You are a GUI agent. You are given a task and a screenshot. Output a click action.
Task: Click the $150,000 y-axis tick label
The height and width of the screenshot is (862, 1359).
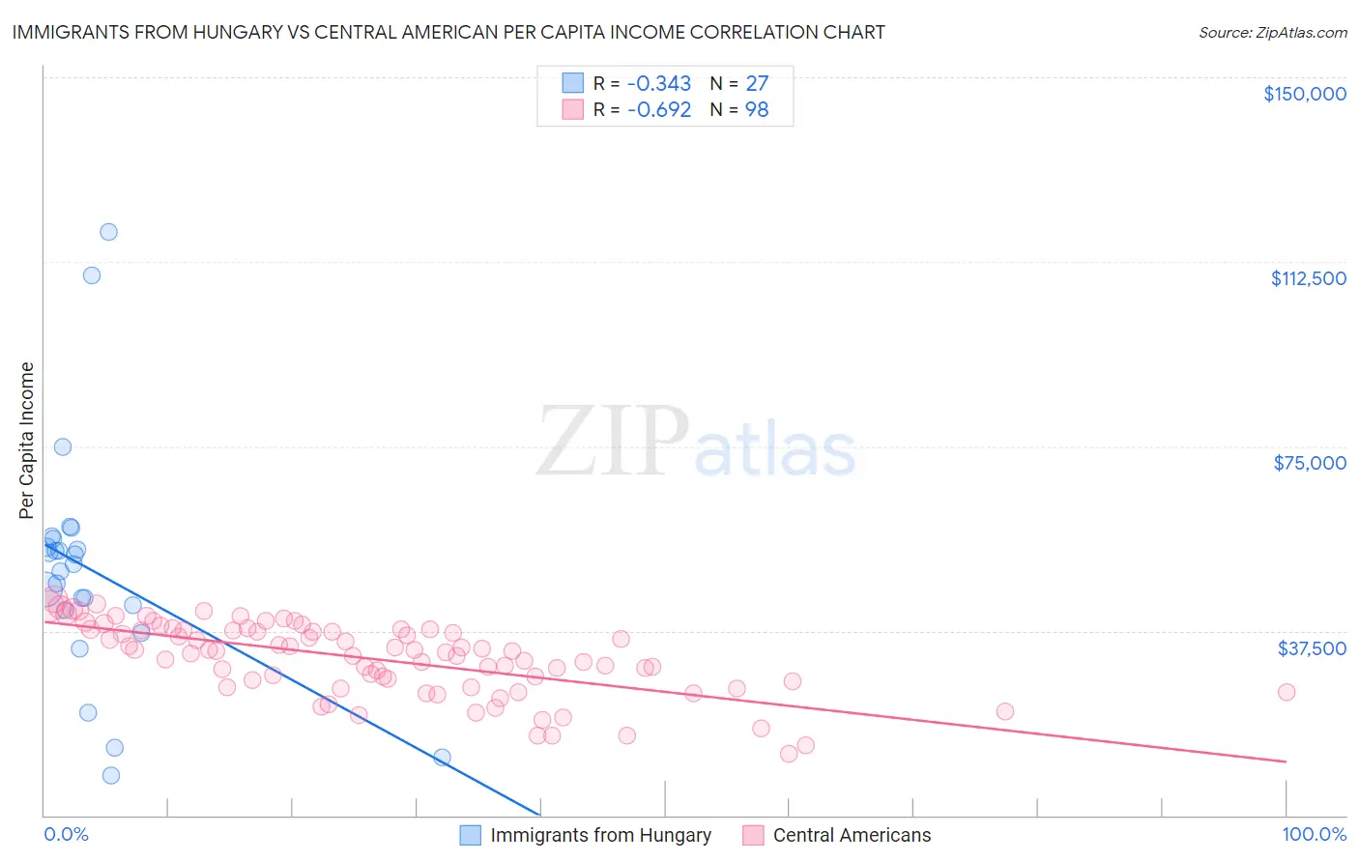(1304, 94)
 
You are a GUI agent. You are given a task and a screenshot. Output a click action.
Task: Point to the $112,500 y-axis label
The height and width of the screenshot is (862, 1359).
(1308, 278)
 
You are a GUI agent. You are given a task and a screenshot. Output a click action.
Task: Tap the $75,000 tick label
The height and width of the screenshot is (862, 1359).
(1310, 463)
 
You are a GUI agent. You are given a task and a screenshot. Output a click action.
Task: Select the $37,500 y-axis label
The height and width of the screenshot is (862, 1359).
(1312, 647)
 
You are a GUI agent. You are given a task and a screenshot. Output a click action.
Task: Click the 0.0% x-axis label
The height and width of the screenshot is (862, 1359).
(66, 834)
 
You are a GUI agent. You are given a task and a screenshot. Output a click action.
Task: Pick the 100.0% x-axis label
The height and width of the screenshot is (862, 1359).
(1314, 834)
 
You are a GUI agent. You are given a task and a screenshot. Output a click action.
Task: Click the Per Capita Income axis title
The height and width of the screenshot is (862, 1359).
(27, 440)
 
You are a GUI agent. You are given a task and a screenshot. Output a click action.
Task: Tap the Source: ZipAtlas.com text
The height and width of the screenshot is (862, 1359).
(1272, 32)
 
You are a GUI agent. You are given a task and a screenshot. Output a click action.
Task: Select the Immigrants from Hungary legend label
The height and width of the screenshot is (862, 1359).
(600, 835)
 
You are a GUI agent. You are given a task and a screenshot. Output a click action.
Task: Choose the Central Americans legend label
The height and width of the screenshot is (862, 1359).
(852, 835)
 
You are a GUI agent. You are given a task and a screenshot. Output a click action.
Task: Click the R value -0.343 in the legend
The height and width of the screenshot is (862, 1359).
(658, 84)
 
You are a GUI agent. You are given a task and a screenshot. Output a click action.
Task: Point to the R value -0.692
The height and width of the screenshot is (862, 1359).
(658, 110)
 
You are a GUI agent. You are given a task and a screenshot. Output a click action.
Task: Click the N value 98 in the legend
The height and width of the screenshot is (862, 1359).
(757, 110)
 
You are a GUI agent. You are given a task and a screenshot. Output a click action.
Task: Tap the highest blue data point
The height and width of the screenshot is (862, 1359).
(108, 232)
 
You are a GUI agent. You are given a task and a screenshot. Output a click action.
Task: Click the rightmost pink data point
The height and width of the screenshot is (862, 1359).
(1286, 692)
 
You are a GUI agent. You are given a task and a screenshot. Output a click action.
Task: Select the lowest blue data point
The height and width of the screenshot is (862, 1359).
(111, 775)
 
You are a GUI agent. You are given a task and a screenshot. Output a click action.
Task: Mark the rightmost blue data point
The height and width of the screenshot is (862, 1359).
(442, 757)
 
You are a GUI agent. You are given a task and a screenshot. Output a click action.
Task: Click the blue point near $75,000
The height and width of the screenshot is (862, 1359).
(63, 446)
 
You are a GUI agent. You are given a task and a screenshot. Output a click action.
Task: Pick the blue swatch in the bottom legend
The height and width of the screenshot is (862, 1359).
(470, 835)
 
